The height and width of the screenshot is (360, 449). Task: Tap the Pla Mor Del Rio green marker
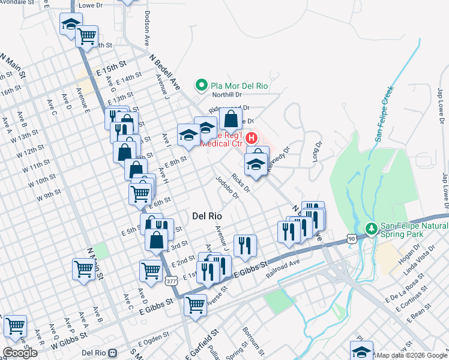[x=202, y=86]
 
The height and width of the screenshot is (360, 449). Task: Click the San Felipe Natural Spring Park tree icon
[x=371, y=229]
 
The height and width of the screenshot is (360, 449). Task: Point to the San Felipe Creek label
[x=384, y=114]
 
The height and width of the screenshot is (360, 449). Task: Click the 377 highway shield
[x=172, y=281]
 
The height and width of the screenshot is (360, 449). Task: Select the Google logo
[x=20, y=353]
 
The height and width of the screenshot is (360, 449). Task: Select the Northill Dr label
[x=227, y=94]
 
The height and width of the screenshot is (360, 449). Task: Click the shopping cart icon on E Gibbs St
[x=195, y=305]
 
